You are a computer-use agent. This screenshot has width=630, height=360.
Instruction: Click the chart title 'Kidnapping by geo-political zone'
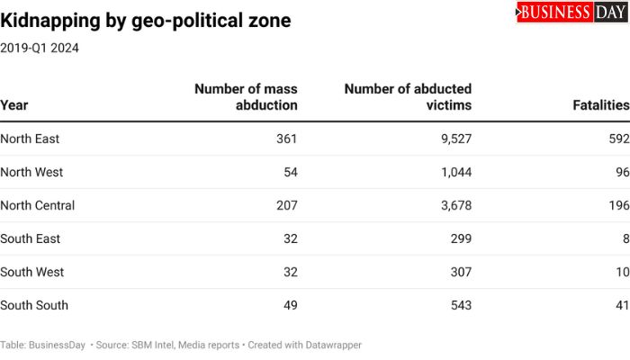click(x=146, y=20)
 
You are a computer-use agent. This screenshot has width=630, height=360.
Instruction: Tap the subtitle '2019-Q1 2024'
click(x=40, y=49)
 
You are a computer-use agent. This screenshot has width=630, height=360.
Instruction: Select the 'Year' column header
click(x=14, y=105)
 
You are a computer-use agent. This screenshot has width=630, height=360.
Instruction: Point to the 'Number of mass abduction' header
click(x=246, y=97)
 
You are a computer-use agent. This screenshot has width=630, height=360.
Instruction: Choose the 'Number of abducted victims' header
click(x=408, y=97)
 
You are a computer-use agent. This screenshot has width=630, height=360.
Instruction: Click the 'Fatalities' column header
click(x=600, y=105)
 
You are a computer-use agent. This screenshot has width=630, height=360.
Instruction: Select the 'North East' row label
click(x=30, y=139)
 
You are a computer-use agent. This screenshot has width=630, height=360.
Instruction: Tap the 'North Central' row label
click(x=38, y=205)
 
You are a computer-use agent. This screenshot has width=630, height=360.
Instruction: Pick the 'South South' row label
click(x=34, y=305)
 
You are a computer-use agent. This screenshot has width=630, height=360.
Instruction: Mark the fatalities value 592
click(x=617, y=139)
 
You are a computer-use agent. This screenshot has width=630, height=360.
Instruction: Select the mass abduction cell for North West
click(x=288, y=172)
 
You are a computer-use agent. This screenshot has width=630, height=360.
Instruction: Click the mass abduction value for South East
click(x=288, y=238)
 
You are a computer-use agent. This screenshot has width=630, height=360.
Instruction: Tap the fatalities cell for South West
click(x=621, y=272)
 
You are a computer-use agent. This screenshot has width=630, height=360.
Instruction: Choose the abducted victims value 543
click(x=459, y=305)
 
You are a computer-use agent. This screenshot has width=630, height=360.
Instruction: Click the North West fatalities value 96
click(x=621, y=172)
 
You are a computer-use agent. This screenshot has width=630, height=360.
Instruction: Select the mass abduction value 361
click(x=285, y=139)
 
